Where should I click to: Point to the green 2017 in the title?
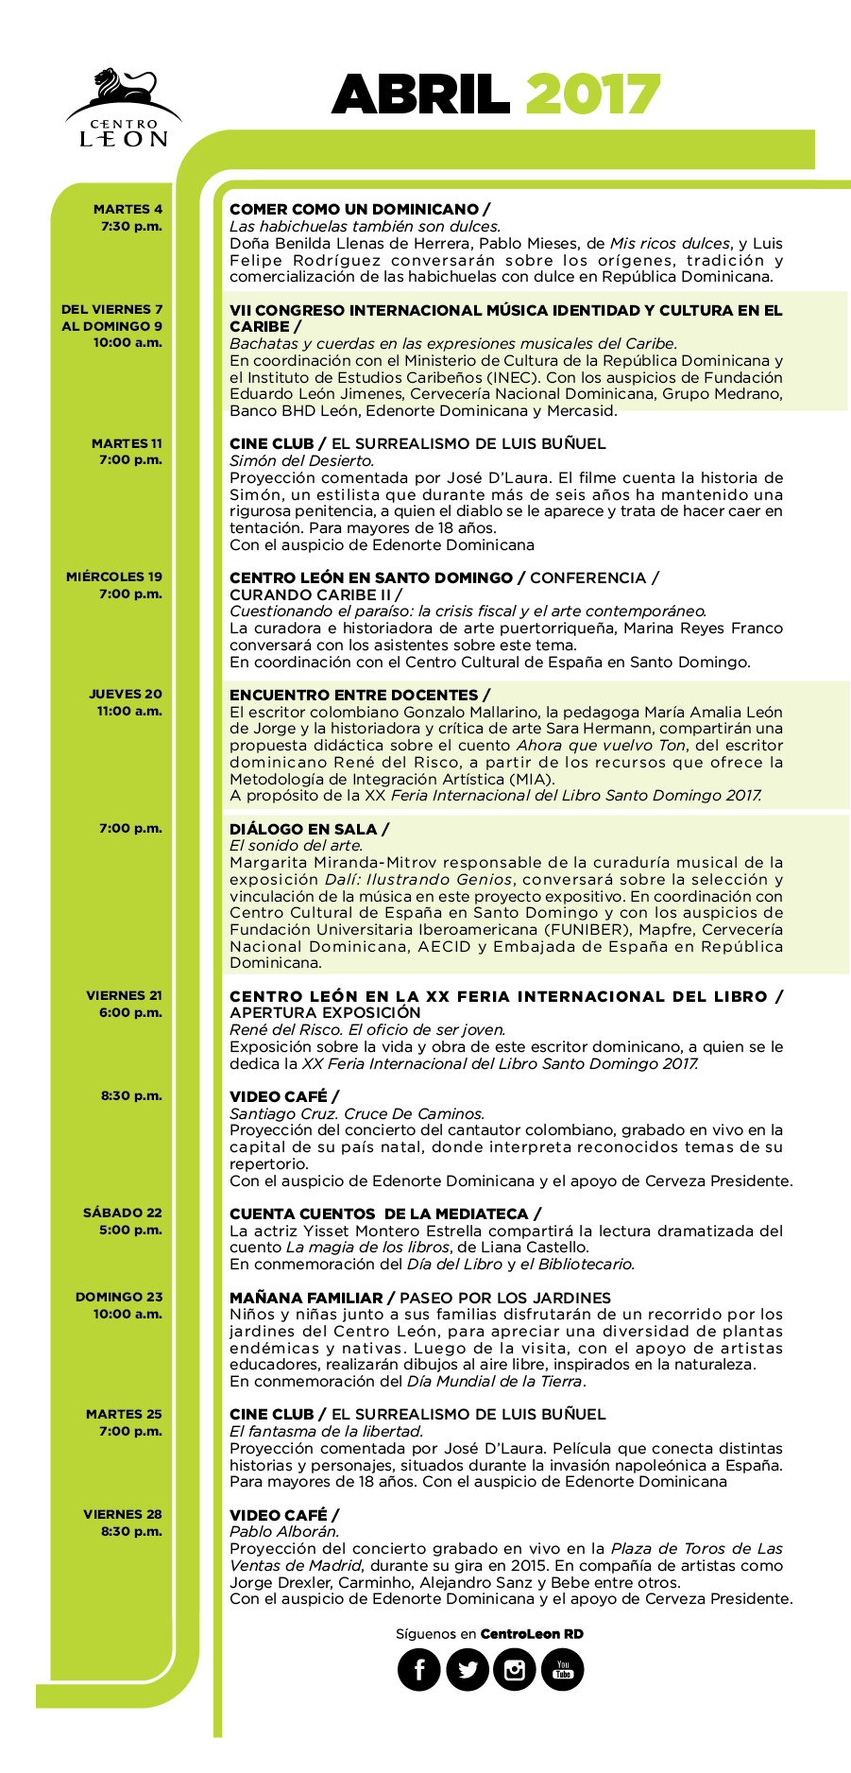tap(592, 95)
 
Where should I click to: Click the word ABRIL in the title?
tap(421, 95)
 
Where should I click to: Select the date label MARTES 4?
tap(128, 209)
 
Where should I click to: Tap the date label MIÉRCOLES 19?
tap(114, 577)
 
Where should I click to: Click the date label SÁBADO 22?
tap(123, 1213)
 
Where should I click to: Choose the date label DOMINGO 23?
tap(119, 1297)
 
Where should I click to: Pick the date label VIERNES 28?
tap(123, 1514)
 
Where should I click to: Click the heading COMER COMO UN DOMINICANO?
tap(354, 209)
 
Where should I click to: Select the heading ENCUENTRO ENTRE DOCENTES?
tap(354, 695)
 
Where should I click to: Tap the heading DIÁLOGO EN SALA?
tap(303, 829)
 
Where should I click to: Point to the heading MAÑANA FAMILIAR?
tap(306, 1298)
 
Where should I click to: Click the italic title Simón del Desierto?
tap(301, 461)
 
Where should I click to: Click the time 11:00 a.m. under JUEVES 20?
tap(129, 711)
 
